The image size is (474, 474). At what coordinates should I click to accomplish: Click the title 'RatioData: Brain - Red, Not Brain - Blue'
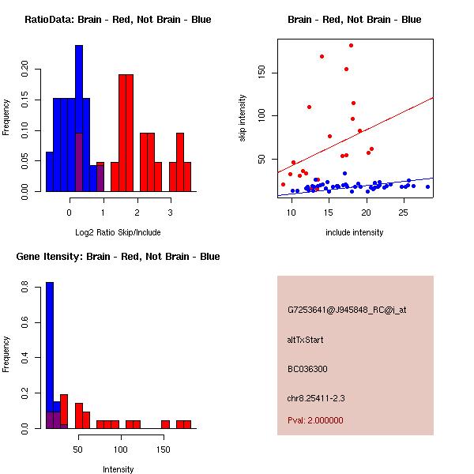tap(118, 20)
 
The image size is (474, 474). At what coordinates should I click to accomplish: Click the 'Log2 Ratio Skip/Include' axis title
tap(118, 231)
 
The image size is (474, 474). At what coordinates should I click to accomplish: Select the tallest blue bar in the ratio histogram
tap(79, 118)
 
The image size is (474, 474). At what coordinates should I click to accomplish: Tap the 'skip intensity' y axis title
tap(243, 118)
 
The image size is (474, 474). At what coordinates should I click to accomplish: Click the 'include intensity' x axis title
tap(355, 231)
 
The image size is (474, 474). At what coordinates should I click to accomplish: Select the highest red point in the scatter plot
tap(351, 45)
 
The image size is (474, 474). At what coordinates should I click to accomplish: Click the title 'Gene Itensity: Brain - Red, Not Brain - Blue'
tap(118, 257)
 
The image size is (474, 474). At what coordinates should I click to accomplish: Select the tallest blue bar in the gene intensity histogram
tap(49, 355)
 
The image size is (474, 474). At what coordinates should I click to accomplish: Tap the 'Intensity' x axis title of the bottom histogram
tap(118, 468)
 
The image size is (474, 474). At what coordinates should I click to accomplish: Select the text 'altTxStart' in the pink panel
tap(305, 340)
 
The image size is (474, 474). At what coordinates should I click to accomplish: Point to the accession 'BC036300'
tap(307, 368)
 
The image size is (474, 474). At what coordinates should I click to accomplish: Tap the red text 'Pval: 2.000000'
tap(315, 420)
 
